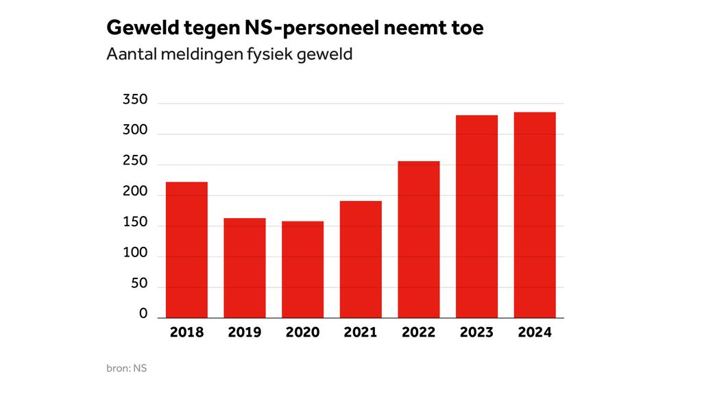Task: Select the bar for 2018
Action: [186, 250]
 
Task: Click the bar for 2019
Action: [245, 267]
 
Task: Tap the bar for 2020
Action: [302, 270]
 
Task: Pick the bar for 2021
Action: [361, 259]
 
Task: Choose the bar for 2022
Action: [419, 239]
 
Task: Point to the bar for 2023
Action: [476, 217]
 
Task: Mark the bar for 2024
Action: [535, 215]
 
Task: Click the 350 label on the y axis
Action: [135, 100]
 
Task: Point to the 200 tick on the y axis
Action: [135, 192]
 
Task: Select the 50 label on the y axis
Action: [139, 283]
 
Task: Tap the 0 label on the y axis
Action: [143, 313]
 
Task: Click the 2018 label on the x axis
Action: [186, 333]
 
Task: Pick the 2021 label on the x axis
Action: [361, 333]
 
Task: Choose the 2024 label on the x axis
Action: [535, 333]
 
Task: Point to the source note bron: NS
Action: [127, 368]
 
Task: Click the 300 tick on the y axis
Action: [135, 131]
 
